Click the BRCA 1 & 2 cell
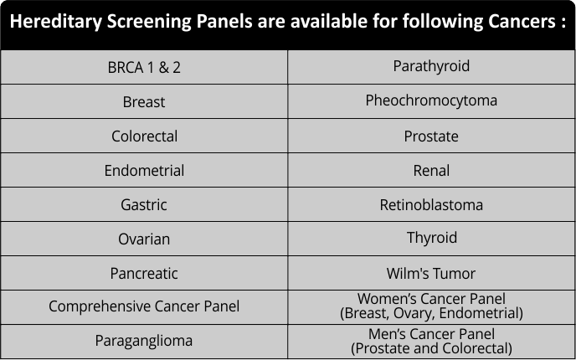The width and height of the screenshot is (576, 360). pyautogui.click(x=144, y=67)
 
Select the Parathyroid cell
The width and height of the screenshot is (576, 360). pyautogui.click(x=431, y=66)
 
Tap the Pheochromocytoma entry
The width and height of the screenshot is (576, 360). pyautogui.click(x=431, y=100)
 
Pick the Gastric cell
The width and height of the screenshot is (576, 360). pyautogui.click(x=144, y=204)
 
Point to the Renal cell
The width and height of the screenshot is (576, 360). pyautogui.click(x=431, y=171)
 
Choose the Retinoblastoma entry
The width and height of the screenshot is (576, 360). pyautogui.click(x=431, y=204)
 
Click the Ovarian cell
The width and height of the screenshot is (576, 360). pyautogui.click(x=144, y=239)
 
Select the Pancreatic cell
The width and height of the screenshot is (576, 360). pyautogui.click(x=144, y=273)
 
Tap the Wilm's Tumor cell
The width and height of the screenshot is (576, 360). pyautogui.click(x=431, y=273)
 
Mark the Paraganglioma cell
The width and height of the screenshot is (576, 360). pyautogui.click(x=144, y=341)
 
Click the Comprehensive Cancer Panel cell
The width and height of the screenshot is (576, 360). pyautogui.click(x=144, y=306)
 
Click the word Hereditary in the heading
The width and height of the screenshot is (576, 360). pyautogui.click(x=55, y=21)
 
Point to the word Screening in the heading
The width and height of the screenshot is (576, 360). pyautogui.click(x=149, y=22)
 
